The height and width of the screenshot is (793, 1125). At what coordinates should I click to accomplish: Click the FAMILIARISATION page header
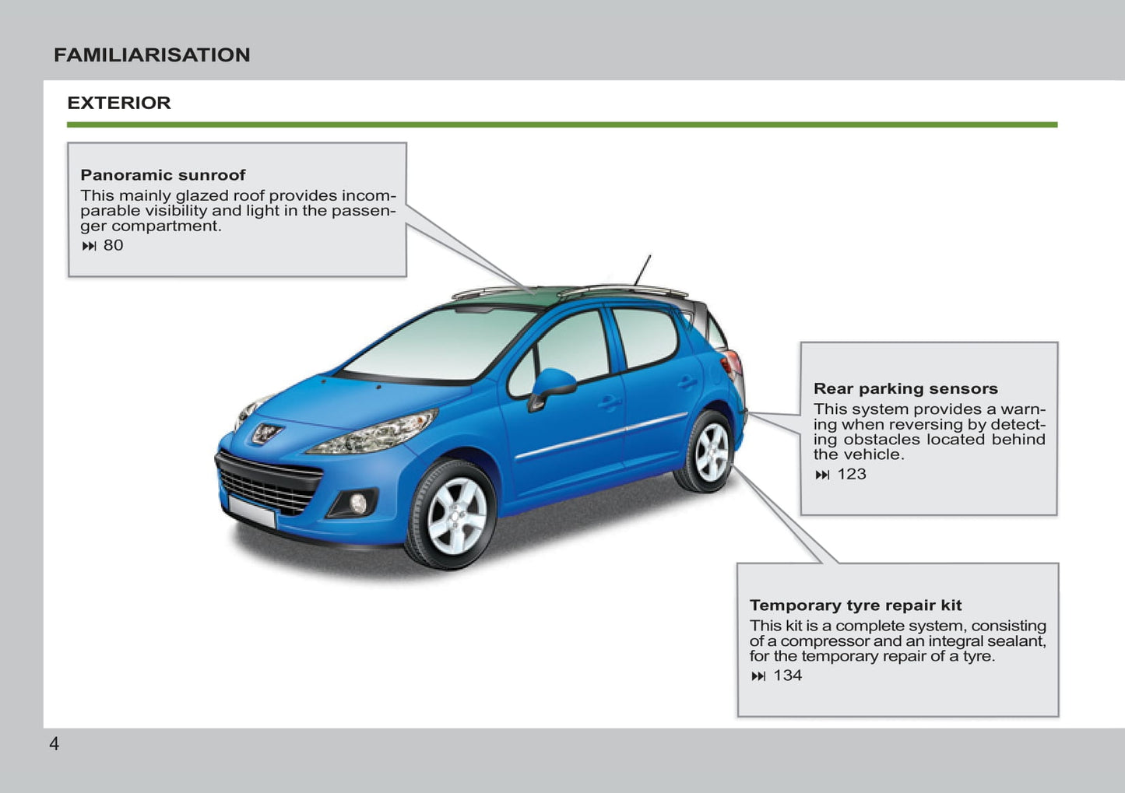152,55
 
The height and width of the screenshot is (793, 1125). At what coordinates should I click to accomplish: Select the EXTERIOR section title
118,103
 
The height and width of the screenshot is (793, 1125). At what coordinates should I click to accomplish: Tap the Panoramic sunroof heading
163,175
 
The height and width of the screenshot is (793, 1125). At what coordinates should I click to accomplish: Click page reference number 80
113,245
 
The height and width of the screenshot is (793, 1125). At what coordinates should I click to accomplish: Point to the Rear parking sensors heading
905,388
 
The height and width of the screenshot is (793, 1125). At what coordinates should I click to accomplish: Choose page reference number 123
851,474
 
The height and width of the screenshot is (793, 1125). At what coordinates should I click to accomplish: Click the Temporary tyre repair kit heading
856,605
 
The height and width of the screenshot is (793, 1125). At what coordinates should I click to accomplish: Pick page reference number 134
787,675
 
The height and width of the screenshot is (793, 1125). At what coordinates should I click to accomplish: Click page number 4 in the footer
54,744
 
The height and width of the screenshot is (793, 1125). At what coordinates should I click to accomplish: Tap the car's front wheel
455,514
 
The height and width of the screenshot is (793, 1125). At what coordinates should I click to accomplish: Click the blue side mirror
553,384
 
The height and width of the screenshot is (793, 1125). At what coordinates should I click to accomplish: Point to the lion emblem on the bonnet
265,433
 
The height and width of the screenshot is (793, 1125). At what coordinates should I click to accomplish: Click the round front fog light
357,504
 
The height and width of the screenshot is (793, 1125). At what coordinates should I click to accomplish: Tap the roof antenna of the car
642,270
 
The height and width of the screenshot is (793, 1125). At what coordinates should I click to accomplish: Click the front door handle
608,403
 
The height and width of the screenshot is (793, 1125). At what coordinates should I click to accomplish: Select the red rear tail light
733,363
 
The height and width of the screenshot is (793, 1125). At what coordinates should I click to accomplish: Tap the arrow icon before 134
758,676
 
